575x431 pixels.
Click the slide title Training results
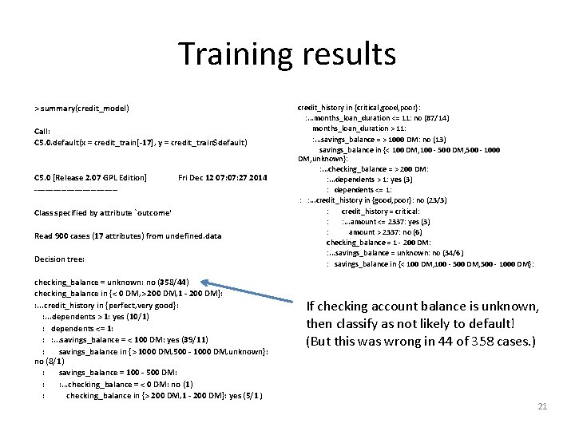(287, 54)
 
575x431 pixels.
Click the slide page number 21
(542, 406)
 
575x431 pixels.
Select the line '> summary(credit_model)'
(81, 109)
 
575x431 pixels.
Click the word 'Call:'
(42, 132)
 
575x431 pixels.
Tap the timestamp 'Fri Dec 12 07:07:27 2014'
(223, 177)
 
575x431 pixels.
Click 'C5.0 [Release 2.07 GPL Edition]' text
(90, 177)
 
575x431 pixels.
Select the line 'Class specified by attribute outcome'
(103, 213)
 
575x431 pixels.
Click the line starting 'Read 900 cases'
(128, 236)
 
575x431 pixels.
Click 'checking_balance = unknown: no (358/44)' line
(112, 283)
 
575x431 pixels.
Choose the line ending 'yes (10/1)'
(96, 317)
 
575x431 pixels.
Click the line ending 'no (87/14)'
(375, 117)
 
